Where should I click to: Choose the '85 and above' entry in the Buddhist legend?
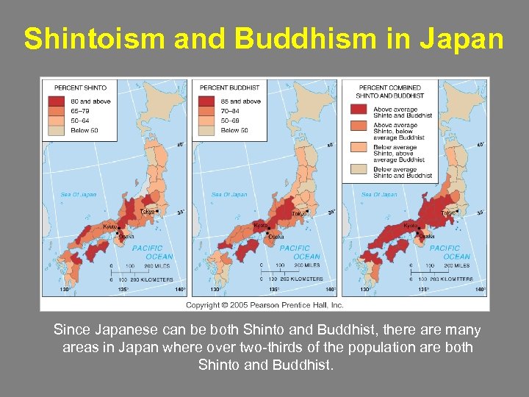(240, 101)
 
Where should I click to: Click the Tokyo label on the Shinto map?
(148, 212)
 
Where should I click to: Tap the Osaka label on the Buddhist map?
(276, 237)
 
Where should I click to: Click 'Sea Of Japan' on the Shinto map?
(79, 195)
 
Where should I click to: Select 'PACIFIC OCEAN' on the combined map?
(445, 252)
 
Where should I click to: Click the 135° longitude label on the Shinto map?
(123, 290)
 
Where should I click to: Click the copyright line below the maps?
(264, 304)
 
